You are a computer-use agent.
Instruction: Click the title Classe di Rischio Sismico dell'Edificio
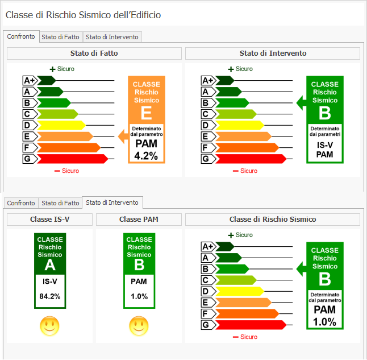coord(83,15)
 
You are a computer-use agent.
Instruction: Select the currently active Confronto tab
coord(21,36)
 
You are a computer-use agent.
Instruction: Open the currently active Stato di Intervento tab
coord(112,202)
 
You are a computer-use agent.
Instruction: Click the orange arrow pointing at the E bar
coord(122,136)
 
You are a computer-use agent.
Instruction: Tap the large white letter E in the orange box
coord(146,112)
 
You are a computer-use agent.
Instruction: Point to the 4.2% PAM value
coord(146,155)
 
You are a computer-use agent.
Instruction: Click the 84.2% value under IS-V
coord(49,296)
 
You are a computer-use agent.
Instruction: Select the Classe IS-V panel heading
coord(49,220)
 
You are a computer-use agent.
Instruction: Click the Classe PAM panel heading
coord(139,220)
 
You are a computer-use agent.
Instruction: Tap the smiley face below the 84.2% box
coord(49,326)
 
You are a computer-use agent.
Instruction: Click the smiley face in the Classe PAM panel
coord(139,326)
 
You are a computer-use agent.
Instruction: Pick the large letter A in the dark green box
coord(49,266)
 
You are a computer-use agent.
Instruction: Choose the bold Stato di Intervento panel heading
coord(273,53)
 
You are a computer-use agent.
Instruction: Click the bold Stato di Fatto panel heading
coord(94,53)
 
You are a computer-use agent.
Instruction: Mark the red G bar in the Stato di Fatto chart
coord(71,159)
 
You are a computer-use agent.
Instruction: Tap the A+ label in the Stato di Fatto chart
coord(30,80)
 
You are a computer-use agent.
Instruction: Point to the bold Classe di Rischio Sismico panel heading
coord(273,220)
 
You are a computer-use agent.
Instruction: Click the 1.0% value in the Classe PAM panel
coord(139,296)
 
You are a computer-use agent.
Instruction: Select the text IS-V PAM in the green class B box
coord(324,150)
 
